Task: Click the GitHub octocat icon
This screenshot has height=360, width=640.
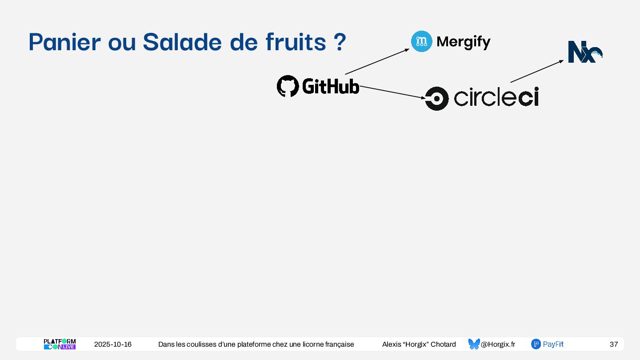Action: coord(288,86)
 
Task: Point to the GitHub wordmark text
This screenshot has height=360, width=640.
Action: coord(330,86)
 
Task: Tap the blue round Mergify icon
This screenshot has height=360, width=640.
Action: coord(421,41)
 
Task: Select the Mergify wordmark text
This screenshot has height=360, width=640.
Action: coord(464,42)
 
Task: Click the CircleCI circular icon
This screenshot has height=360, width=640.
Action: coord(436,98)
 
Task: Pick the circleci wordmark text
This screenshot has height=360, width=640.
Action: coord(496,97)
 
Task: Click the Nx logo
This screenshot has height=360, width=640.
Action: coord(585,52)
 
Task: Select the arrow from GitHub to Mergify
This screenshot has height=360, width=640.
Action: coord(377,61)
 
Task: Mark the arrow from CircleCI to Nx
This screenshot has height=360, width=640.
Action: coord(537,71)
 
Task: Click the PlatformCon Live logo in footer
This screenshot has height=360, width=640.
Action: coord(60,344)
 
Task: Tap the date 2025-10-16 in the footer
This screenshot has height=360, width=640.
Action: coord(113,344)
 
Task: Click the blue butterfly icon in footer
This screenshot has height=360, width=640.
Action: coord(474,344)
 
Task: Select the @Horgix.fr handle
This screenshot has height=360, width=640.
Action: coord(498,344)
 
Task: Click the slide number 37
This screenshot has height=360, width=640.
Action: coord(613,344)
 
